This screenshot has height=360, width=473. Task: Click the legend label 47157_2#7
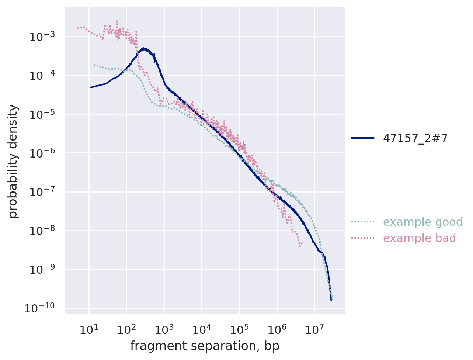(x=415, y=138)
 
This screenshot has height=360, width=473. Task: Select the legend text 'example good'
(x=422, y=222)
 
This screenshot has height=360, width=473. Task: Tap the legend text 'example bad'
(x=419, y=238)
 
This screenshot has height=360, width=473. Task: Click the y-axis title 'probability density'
(x=13, y=161)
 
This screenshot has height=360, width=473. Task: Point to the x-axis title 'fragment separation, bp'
(x=205, y=346)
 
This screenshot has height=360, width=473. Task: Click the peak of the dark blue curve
(x=144, y=48)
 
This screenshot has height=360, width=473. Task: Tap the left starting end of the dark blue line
(x=91, y=87)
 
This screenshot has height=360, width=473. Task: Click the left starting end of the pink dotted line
(x=78, y=28)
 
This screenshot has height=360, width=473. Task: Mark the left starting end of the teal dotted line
(x=94, y=65)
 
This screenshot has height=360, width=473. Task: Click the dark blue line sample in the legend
(x=362, y=138)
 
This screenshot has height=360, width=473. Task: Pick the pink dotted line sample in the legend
(x=362, y=238)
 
